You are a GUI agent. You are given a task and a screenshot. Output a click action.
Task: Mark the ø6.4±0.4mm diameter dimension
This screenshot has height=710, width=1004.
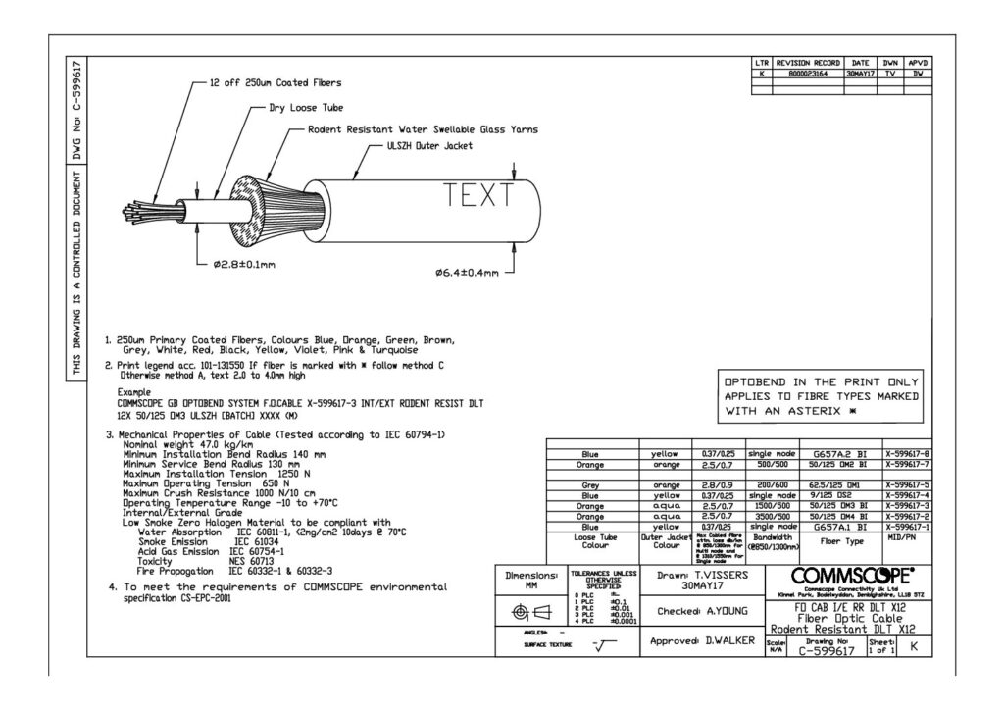[466, 272]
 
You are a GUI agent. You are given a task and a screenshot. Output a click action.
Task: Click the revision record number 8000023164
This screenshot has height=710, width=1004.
[809, 73]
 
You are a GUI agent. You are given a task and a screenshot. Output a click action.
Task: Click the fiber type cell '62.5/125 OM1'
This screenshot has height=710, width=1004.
[833, 484]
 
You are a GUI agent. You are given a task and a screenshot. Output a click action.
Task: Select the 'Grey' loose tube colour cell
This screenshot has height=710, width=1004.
[590, 484]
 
